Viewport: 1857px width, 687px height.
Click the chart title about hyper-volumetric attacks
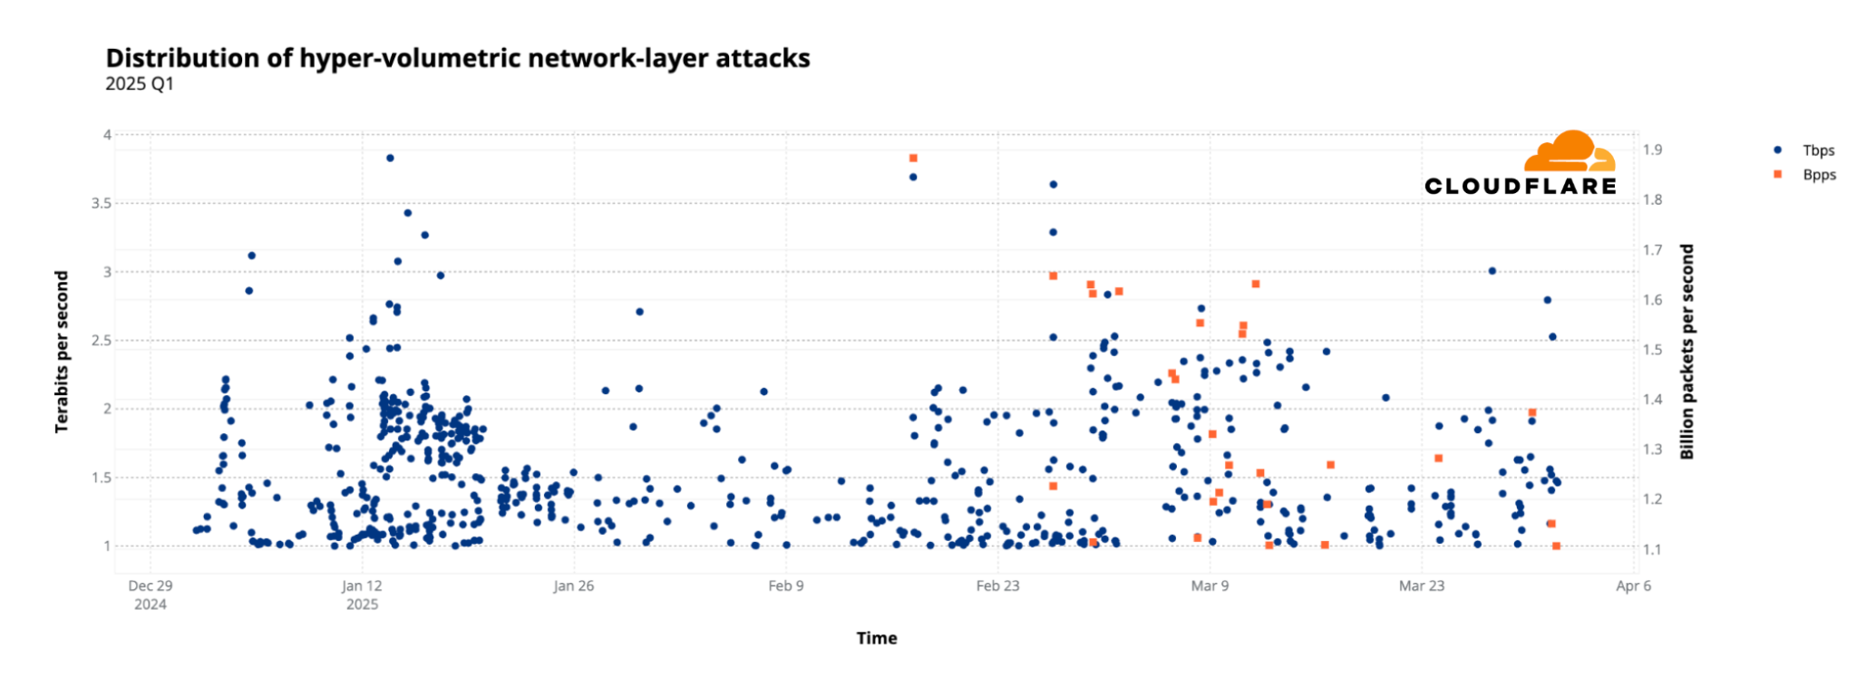(458, 58)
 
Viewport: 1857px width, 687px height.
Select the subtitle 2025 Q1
(140, 84)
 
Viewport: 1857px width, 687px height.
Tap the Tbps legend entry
(1817, 150)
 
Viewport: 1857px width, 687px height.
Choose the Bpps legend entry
(1818, 175)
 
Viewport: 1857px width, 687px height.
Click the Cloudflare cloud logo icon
(1569, 151)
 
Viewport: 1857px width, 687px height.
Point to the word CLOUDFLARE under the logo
(1520, 187)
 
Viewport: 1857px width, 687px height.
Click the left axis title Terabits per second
(62, 352)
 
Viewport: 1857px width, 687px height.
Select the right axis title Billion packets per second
(1687, 352)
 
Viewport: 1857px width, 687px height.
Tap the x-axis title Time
(876, 638)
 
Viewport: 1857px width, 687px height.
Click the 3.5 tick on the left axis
(101, 204)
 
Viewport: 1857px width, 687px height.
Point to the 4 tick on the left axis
(107, 135)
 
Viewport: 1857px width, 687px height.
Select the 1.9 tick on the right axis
(1652, 150)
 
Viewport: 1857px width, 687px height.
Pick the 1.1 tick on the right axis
(1652, 549)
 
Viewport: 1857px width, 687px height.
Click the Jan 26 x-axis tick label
(573, 586)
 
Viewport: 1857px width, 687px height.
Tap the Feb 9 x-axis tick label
(785, 586)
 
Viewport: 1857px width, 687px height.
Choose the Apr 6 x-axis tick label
(1633, 586)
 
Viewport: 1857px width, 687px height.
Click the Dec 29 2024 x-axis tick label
(151, 595)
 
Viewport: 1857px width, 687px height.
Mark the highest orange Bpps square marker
(913, 159)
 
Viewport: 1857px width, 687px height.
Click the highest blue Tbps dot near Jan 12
(390, 158)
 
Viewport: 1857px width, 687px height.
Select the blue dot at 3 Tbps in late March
(1492, 271)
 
